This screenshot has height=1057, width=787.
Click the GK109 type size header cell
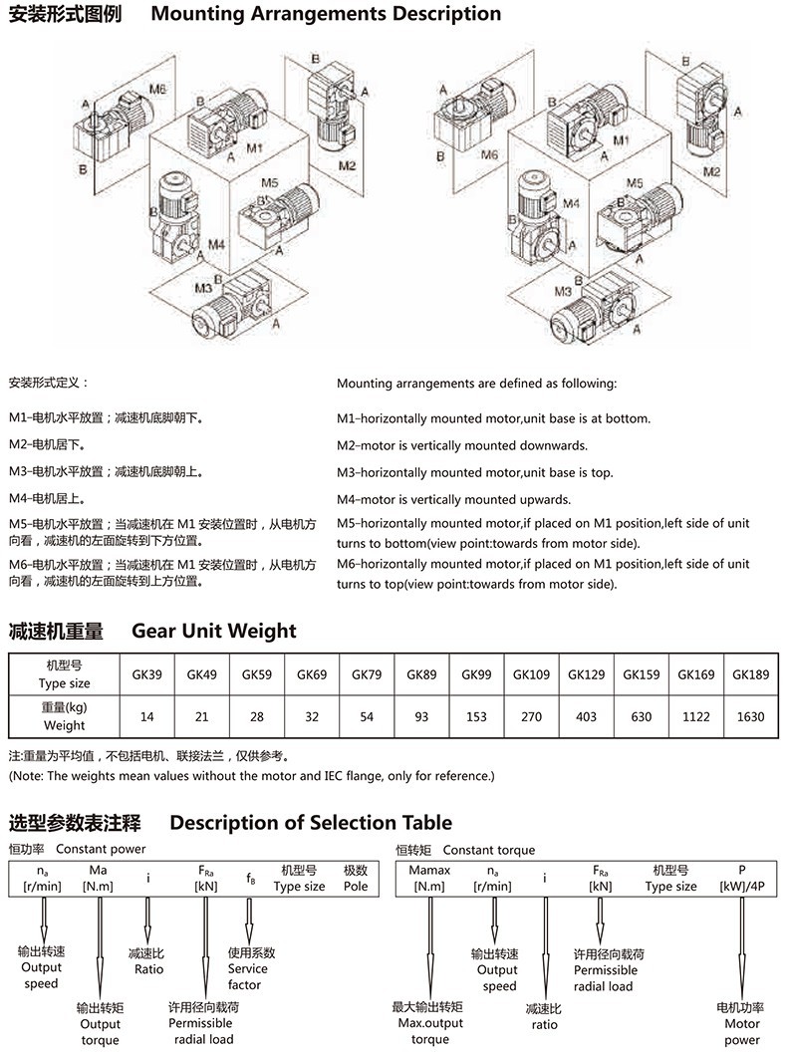531,674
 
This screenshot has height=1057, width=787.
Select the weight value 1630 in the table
750,715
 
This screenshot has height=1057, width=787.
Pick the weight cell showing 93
421,715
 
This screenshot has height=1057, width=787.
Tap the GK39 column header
147,674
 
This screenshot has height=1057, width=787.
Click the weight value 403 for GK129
586,715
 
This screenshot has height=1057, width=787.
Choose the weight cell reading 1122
695,715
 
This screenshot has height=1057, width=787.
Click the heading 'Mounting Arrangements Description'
326,14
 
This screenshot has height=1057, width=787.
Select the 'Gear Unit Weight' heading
214,631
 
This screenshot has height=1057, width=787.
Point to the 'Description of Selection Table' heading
311,823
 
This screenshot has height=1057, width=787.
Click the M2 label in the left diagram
346,164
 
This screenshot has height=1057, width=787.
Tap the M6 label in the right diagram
488,155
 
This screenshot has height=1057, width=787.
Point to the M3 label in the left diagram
203,288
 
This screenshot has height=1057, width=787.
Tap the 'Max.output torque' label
428,1024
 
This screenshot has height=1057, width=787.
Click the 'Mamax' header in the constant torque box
429,871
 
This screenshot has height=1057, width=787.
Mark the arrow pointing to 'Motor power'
741,946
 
